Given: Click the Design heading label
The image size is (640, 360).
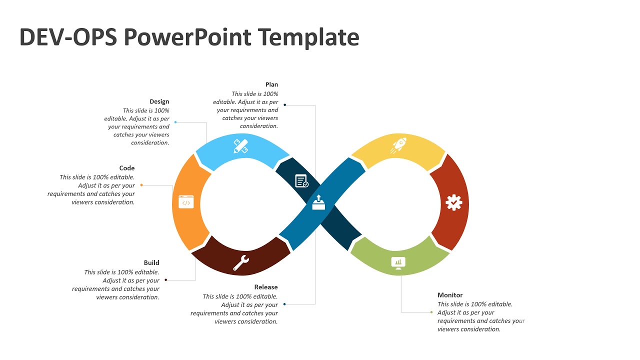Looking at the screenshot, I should pos(159,101).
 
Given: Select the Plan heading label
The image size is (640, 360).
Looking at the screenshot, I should pos(271,84).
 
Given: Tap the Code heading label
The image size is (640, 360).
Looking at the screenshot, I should pos(127,168).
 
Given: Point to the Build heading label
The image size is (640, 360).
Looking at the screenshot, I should pos(151,262).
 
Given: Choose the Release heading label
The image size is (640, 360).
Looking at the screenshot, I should pos(266,287).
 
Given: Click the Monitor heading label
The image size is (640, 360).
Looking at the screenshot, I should pos(450,295).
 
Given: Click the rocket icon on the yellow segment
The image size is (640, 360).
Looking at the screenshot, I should pos(398,145).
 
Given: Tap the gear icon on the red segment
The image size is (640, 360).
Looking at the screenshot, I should pos(453,202).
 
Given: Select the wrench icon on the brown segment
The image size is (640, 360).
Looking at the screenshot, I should pos(241,262).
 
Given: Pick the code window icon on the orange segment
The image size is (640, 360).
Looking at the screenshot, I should pos(186,202).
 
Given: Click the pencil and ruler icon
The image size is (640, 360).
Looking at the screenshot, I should pos(241,146).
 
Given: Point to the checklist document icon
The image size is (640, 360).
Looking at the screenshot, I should pos(301,181).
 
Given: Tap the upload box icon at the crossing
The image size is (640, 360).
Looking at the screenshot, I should pos(318,202).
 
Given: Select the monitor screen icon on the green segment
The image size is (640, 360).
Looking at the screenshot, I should pos(398,262).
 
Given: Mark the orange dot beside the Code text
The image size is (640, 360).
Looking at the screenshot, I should pos(141,185).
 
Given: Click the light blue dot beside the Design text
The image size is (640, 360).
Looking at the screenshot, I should pos(175,122).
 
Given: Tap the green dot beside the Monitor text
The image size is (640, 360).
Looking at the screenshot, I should pos(431,312).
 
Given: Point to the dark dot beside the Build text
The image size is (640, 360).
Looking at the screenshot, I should pos(166,280).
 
